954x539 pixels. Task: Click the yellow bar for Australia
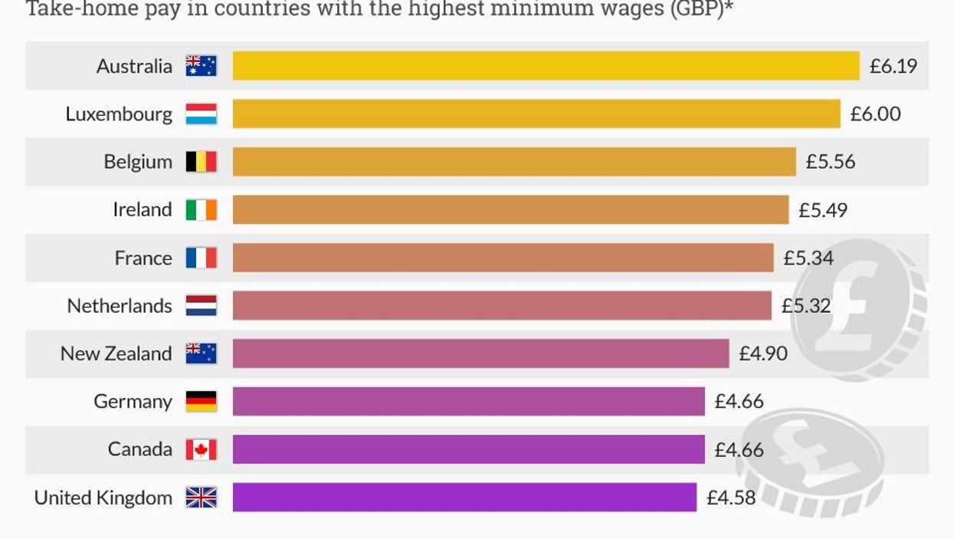[x=546, y=66]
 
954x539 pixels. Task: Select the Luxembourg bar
[x=536, y=113]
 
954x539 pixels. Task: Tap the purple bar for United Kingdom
[x=464, y=497]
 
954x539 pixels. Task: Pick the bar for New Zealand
[x=480, y=353]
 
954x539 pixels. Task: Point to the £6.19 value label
[x=893, y=66]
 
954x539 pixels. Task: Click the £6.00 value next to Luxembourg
[x=875, y=114]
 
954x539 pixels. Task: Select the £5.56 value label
[x=830, y=162]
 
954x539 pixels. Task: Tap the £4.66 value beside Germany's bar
[x=739, y=401]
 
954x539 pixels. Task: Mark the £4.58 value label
[x=730, y=497]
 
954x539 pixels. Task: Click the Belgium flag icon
[x=201, y=162]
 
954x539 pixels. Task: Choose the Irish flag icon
[x=201, y=209]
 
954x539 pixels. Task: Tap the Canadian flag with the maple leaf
[x=201, y=449]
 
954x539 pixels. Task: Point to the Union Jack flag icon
[x=201, y=498]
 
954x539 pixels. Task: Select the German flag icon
[x=201, y=401]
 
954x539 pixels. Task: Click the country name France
[x=143, y=258]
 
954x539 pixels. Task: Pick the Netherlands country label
[x=120, y=306]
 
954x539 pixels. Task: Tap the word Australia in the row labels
[x=134, y=66]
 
